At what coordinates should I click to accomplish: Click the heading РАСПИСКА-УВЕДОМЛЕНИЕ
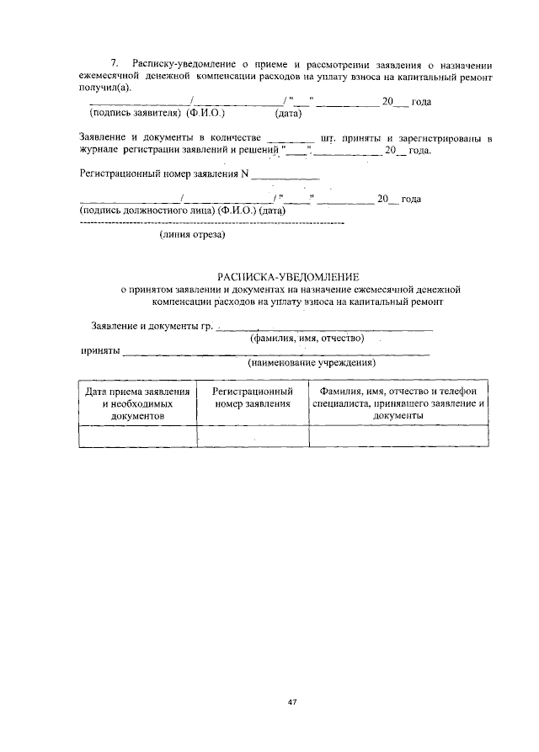pyautogui.click(x=288, y=276)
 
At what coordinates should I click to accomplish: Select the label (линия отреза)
pyautogui.click(x=193, y=235)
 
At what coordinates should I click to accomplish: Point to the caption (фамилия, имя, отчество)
pyautogui.click(x=307, y=339)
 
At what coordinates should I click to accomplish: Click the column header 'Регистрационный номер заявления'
pyautogui.click(x=253, y=397)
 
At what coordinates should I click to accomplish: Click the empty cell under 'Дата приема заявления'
pyautogui.click(x=137, y=435)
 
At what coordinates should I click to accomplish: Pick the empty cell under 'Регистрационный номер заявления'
pyautogui.click(x=253, y=435)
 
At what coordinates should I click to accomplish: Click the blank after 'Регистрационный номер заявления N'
pyautogui.click(x=286, y=175)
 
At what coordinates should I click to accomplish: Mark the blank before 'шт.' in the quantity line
pyautogui.click(x=290, y=136)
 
